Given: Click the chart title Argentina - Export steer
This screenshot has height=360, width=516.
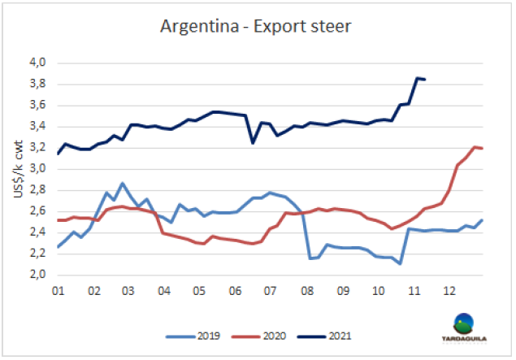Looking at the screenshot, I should [257, 28].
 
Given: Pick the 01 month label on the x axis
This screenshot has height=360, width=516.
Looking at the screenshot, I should [59, 290].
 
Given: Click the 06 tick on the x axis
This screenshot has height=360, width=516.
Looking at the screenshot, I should [236, 290].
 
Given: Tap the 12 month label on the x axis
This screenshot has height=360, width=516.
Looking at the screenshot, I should [449, 290].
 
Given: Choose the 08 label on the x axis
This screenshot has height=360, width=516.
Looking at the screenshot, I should [307, 290].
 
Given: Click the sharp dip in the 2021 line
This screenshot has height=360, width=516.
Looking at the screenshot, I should [253, 143].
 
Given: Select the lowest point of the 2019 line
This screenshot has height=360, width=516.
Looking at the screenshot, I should [401, 263].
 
